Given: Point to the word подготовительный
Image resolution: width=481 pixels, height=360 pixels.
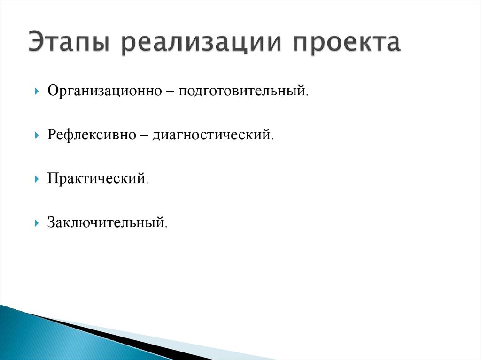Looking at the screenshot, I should (x=241, y=90).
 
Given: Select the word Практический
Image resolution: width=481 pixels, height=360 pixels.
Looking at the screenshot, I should (x=96, y=178).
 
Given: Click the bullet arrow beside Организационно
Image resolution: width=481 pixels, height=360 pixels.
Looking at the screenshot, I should (x=36, y=91).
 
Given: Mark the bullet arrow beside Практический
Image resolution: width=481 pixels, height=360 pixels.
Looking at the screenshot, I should (x=36, y=179).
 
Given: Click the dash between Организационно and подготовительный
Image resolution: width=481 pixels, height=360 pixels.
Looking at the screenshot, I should (x=170, y=91).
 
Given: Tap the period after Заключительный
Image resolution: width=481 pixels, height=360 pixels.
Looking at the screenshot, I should (x=165, y=226).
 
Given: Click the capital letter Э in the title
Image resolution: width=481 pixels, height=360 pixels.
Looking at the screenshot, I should (x=36, y=44).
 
